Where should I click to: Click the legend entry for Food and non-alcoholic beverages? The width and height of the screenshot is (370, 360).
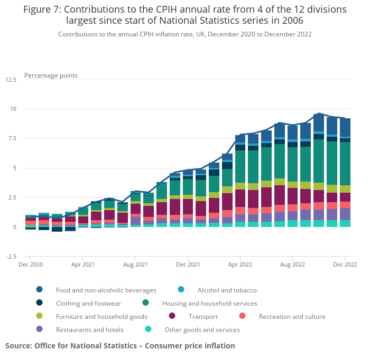coord(106,290)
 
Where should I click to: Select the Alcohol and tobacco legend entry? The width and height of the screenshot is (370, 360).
coord(227,290)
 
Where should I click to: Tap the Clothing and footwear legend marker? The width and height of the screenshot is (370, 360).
coord(40,304)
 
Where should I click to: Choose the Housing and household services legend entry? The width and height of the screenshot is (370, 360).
coord(209,304)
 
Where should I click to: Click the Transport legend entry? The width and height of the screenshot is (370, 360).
coord(202,317)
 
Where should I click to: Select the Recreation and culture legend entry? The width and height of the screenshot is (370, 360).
coord(292,317)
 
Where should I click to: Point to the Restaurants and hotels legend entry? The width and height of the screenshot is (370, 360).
coord(89,330)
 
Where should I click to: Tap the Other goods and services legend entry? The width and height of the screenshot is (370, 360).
coord(202,330)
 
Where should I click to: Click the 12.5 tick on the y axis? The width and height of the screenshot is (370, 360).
coord(11,80)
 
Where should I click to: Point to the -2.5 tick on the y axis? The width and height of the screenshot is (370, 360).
coord(11,257)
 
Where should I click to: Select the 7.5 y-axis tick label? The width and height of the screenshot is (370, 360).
coord(13,139)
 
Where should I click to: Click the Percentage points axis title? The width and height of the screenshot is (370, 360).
coord(51,75)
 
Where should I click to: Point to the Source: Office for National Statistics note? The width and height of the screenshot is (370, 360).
coord(120,346)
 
